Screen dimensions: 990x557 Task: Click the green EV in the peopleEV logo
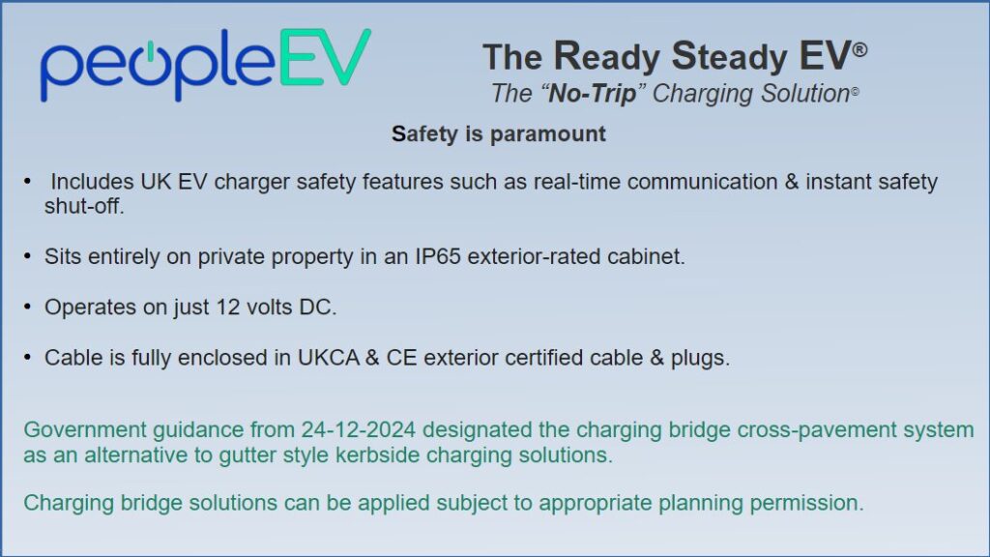325,57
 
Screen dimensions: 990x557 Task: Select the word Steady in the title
730,56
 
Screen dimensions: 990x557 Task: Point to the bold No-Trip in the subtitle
593,94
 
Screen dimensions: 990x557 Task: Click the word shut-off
84,206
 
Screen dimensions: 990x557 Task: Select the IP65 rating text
438,257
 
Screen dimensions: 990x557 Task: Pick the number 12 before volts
228,307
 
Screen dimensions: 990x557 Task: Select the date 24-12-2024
359,429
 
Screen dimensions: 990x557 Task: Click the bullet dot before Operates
27,307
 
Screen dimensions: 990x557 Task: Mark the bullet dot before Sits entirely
27,256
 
